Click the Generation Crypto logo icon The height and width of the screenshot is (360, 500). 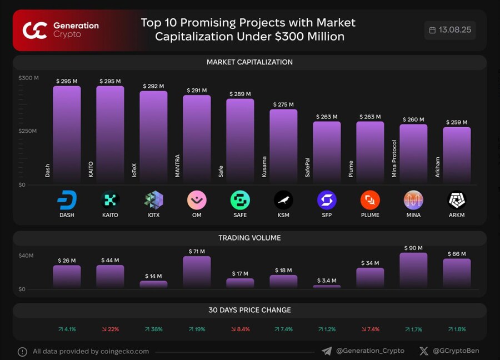(34, 30)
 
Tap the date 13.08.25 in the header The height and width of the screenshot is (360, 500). (454, 30)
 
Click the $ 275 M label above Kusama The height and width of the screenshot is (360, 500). (283, 104)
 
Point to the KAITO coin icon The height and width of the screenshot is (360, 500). (110, 200)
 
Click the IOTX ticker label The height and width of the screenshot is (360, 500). (153, 215)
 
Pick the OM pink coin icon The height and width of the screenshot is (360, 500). (197, 200)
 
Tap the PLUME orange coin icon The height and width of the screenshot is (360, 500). (370, 200)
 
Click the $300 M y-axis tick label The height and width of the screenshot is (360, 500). (28, 78)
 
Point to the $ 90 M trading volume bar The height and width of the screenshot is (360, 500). (413, 271)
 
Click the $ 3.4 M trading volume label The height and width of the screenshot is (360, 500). (327, 281)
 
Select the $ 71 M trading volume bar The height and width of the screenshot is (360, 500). (197, 272)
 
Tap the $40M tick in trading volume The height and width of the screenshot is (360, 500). (26, 256)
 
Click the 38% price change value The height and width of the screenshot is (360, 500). (153, 329)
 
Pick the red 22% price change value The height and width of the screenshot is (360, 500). (110, 329)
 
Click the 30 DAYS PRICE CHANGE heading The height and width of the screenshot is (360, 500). (250, 310)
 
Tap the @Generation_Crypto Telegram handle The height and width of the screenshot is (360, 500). (370, 351)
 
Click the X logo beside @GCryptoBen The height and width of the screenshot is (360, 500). (424, 351)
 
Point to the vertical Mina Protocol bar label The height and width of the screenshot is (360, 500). (394, 159)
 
